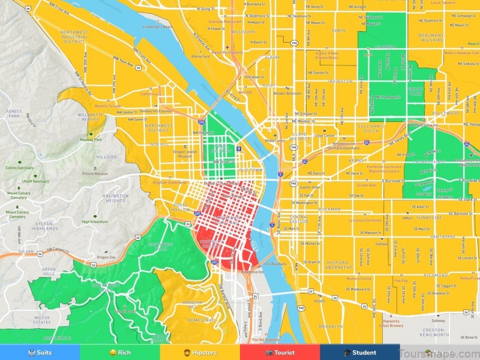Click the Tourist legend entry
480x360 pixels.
280,353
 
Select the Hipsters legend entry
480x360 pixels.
200,353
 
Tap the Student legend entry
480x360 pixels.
360,353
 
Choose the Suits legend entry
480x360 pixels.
40,353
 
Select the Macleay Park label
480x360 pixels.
91,139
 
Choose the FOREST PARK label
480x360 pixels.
13,114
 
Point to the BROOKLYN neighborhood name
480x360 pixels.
331,326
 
